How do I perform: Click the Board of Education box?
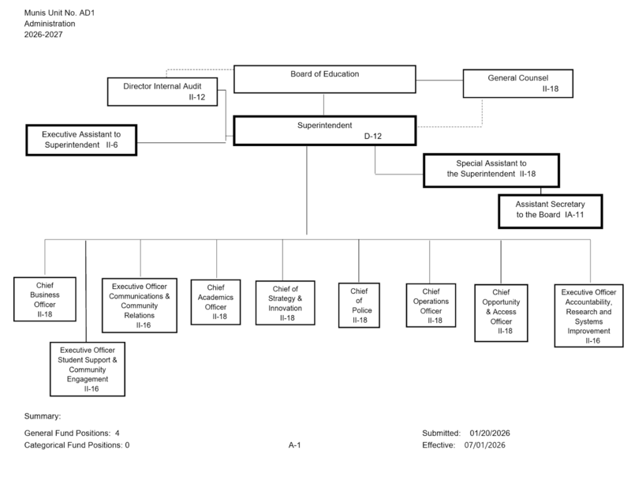coord(324,80)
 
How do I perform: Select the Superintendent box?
coord(324,131)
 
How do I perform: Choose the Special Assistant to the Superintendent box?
coord(485,168)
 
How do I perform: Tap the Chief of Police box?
coord(359,304)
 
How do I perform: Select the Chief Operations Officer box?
coord(431,304)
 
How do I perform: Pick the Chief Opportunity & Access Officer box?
coord(500,312)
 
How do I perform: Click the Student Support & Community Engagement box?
coord(87,367)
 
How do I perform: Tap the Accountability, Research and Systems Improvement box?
coord(588,316)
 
